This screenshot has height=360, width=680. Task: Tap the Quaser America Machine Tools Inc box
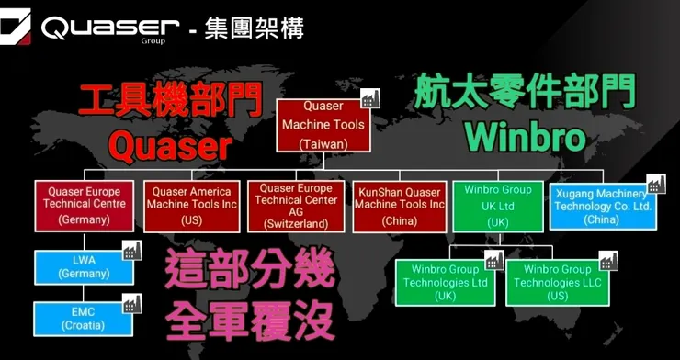(192, 206)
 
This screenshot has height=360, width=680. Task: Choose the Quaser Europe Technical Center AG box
(296, 206)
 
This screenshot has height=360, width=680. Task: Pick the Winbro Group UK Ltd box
(497, 206)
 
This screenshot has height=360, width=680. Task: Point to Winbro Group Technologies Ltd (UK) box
(446, 283)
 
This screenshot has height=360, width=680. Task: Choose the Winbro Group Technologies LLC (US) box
(555, 283)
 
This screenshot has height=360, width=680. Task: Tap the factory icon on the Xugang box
(655, 185)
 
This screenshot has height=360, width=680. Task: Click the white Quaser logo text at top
(109, 28)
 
